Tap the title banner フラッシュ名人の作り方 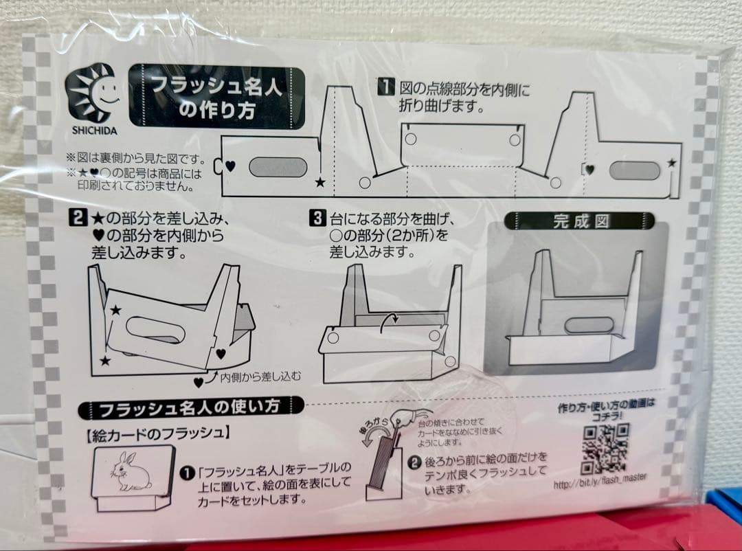(x=217, y=97)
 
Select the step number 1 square (x=387, y=87)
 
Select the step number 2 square (x=78, y=219)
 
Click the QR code (x=605, y=449)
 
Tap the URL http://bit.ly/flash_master (x=600, y=485)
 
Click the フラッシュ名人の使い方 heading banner (x=190, y=407)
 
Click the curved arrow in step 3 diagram (x=390, y=320)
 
